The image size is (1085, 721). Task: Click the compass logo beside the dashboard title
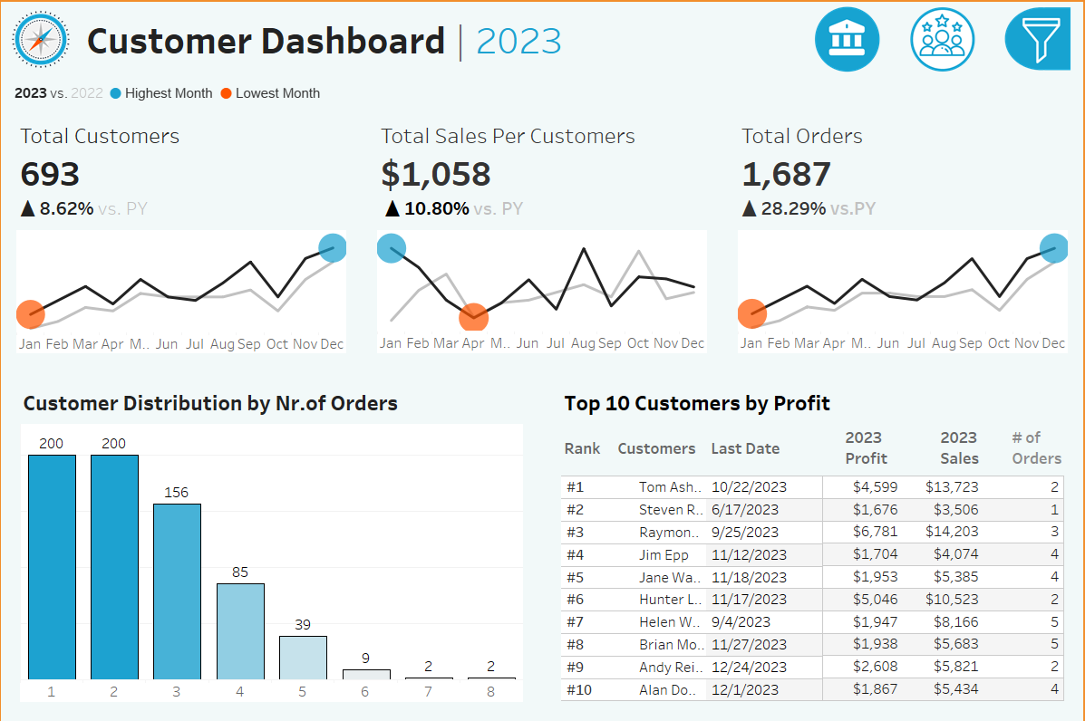[40, 39]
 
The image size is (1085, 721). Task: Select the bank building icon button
[848, 39]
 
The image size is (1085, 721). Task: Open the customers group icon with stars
[943, 39]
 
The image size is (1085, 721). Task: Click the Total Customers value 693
[51, 174]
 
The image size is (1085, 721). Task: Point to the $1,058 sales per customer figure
[436, 174]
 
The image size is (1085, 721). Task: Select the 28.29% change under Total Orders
[792, 208]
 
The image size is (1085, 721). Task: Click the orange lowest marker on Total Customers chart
[31, 314]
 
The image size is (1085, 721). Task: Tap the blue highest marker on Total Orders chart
[1054, 247]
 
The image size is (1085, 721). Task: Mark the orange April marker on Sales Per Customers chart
[473, 317]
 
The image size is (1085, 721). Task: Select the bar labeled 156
[177, 591]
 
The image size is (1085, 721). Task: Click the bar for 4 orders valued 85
[240, 631]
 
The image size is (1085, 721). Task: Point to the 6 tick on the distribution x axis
[365, 691]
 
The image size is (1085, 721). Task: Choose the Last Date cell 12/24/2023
[749, 668]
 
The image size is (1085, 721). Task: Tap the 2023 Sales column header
[958, 447]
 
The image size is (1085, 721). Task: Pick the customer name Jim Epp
[664, 554]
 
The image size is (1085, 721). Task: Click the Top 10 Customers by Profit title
[697, 404]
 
